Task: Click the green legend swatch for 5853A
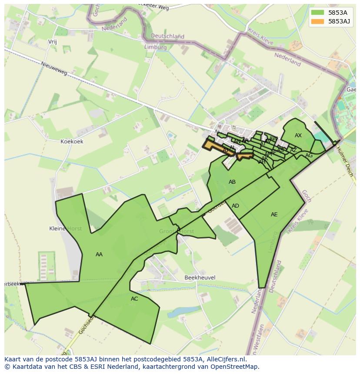point(317,13)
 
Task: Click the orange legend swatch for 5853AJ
point(317,21)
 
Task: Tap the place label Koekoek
point(72,142)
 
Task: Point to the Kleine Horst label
point(65,228)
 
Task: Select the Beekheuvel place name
point(200,278)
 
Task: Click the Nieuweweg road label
point(54,69)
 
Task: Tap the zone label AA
point(99,255)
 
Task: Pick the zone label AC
point(134,299)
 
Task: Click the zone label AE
point(274,215)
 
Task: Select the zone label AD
point(235,206)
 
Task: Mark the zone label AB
point(232,182)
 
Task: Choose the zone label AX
point(298,136)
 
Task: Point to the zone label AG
point(309,156)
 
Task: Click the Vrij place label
point(53,42)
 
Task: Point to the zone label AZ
point(293,150)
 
